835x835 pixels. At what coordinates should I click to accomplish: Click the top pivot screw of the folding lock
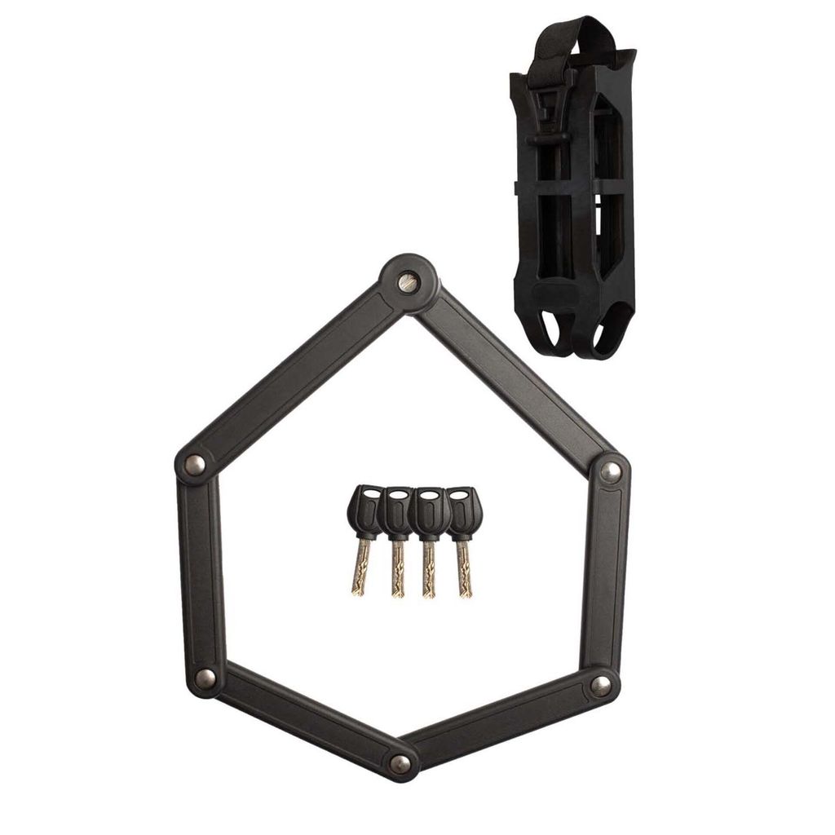[x=409, y=283]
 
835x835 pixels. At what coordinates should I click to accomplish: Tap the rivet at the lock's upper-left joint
[x=194, y=465]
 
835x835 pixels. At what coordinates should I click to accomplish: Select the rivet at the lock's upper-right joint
[x=610, y=471]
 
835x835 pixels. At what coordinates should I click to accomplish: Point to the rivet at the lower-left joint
[x=205, y=677]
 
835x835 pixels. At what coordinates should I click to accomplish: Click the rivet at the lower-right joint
[x=600, y=686]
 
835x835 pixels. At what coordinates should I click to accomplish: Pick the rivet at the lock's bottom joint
[x=400, y=763]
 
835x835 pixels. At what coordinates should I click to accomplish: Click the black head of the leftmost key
[x=364, y=510]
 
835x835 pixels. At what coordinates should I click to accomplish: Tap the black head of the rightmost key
[x=462, y=510]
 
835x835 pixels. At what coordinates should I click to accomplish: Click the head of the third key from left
[x=430, y=510]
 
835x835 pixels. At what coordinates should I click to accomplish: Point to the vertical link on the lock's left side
[x=198, y=571]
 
